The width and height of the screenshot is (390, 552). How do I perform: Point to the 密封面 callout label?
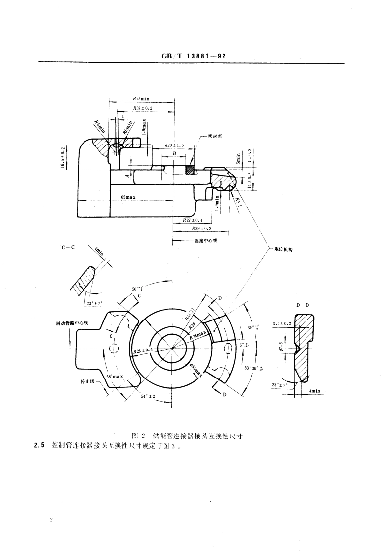coord(215,136)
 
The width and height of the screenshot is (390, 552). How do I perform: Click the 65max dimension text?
coord(128,197)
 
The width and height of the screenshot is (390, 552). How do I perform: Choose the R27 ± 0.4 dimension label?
coord(193,220)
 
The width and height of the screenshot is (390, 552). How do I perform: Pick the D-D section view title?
coord(302,305)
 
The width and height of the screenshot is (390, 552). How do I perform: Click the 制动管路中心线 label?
coord(72,323)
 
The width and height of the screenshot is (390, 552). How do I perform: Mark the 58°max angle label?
coord(114,377)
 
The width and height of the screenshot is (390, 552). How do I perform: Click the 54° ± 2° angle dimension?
coord(149,396)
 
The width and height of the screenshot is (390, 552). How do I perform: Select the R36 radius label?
coord(193,326)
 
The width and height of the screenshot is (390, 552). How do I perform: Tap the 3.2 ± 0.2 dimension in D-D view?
coord(282,324)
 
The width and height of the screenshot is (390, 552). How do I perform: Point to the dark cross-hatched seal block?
coord(190,169)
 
